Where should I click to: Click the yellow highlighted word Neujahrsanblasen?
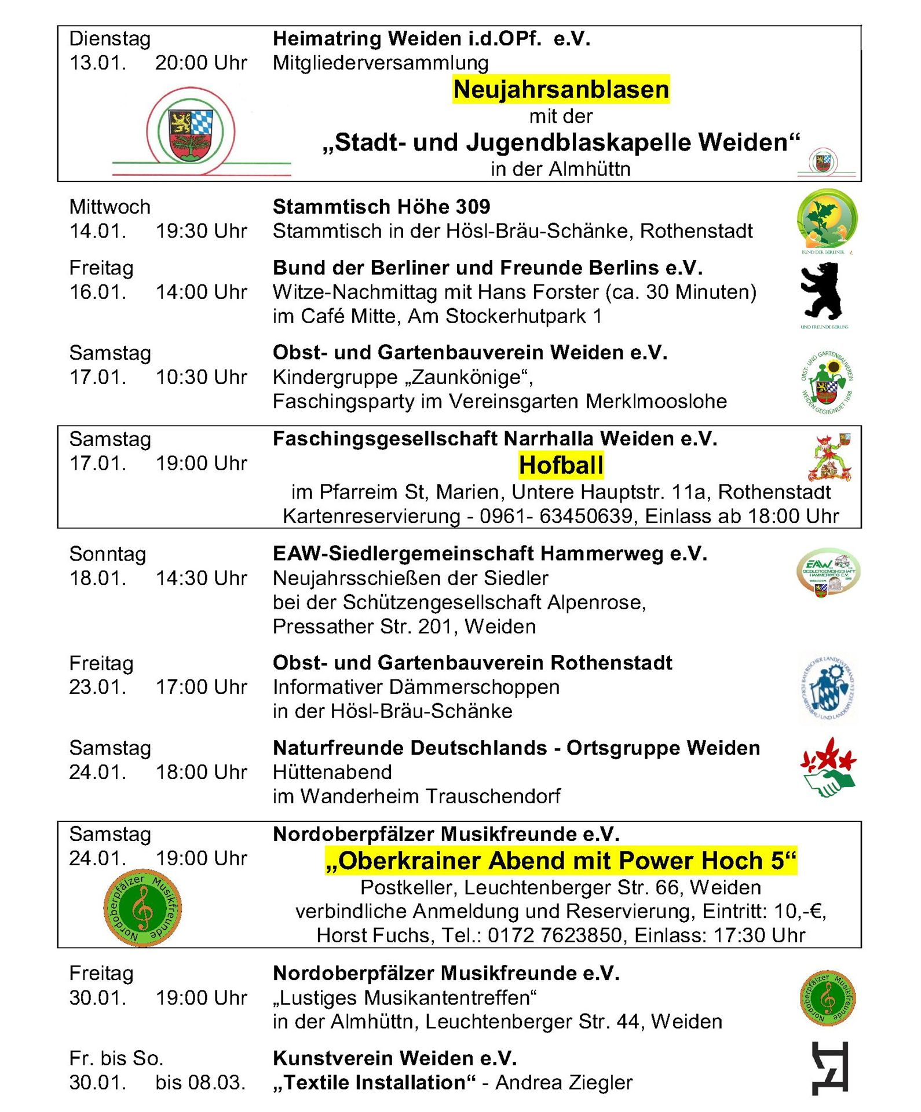(x=561, y=89)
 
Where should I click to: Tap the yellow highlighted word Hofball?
(x=561, y=465)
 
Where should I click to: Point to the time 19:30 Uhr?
(x=201, y=231)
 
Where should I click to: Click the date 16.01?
(x=97, y=292)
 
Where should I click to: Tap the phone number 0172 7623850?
(x=554, y=935)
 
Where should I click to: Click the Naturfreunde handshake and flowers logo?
(x=828, y=767)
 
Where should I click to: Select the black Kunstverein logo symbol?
(x=831, y=1068)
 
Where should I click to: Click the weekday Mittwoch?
(x=109, y=207)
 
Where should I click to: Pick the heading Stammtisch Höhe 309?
(x=381, y=207)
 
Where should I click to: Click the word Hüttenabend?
(x=332, y=772)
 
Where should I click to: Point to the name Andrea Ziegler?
(x=564, y=1082)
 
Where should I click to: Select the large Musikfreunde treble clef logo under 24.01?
(x=142, y=908)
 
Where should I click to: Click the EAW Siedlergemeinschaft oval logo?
(x=828, y=572)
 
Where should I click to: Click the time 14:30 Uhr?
(x=201, y=578)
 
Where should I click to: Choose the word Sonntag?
(x=107, y=554)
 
